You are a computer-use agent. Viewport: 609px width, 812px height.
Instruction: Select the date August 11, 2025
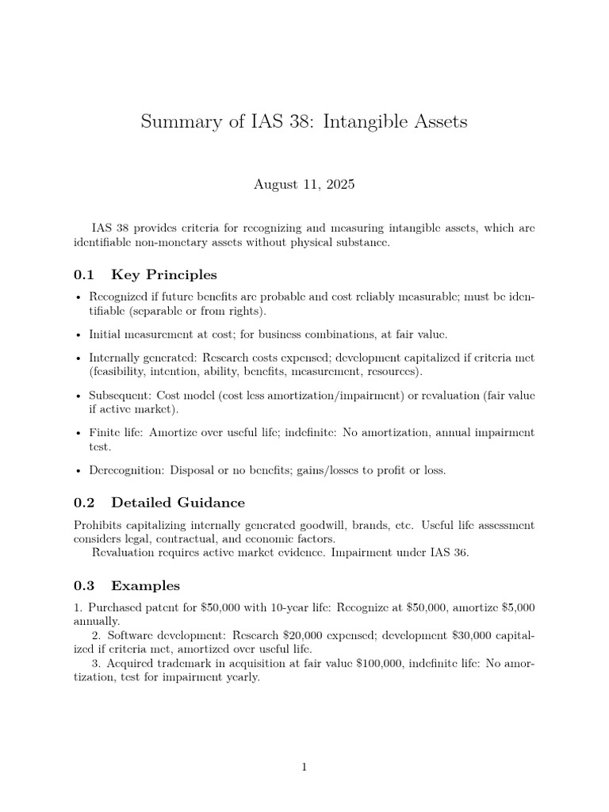[304, 185]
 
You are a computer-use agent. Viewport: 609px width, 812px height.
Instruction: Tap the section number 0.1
[84, 275]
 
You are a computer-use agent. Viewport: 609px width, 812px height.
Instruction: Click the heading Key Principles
[164, 275]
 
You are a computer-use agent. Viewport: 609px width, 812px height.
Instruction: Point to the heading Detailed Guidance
[178, 503]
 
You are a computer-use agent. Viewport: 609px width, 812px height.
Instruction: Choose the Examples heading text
[146, 586]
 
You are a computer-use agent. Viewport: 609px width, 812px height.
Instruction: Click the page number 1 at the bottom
[304, 767]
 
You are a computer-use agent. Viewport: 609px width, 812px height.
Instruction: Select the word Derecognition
[126, 470]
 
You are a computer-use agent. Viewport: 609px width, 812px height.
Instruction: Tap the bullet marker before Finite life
[78, 434]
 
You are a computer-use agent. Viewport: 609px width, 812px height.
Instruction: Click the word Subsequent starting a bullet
[119, 396]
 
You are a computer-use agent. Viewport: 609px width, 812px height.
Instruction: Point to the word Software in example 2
[128, 635]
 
